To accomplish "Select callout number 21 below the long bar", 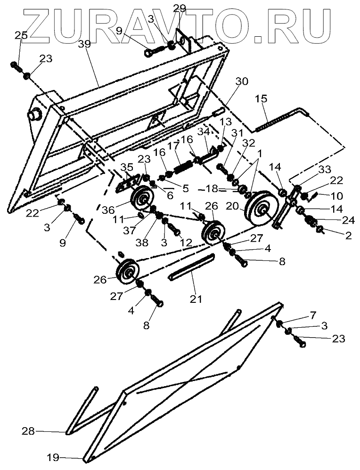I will coord(194,298).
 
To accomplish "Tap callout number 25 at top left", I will coord(21,35).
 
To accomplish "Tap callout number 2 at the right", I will coord(349,236).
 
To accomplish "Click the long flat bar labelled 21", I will coord(191,267).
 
